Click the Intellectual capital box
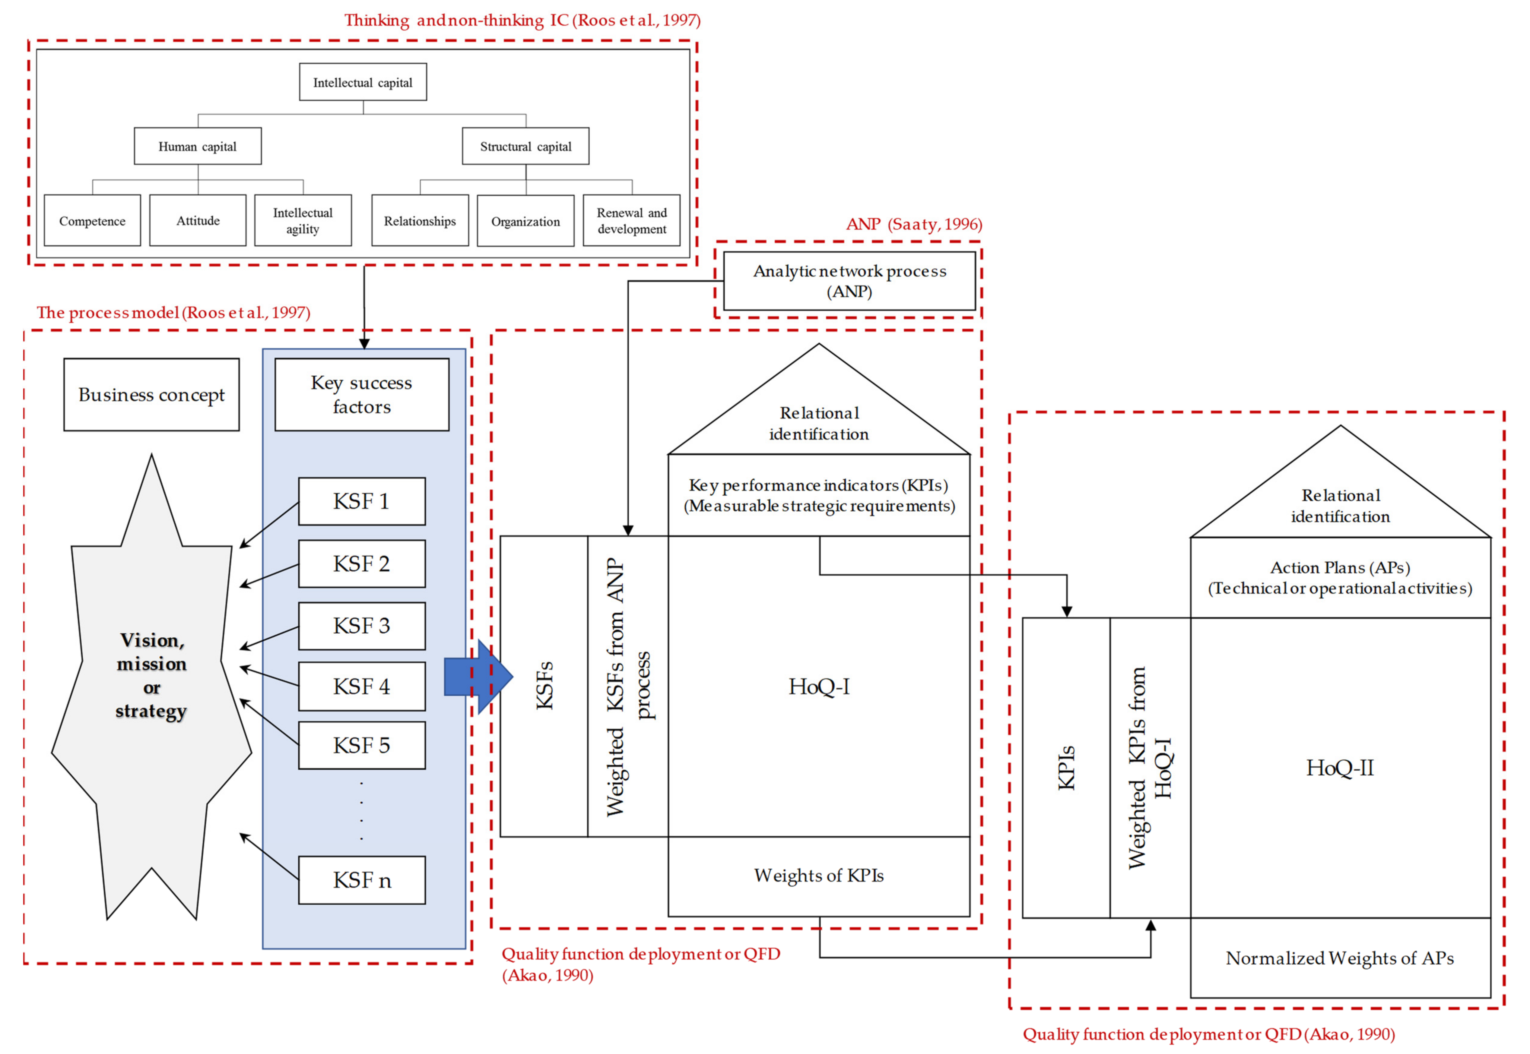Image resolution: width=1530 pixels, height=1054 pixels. tap(363, 82)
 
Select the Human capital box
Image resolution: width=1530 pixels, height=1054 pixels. tap(198, 146)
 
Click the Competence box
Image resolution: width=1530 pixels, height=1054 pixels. tap(93, 221)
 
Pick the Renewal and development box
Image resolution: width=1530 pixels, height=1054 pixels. tap(632, 221)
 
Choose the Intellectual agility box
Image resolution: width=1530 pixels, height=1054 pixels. tap(303, 221)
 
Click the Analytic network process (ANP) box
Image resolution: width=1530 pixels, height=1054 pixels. tap(849, 281)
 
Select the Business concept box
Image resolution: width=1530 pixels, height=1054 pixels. tap(151, 395)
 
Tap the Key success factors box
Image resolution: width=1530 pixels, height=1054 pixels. tap(362, 395)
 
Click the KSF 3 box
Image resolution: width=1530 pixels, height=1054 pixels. tap(362, 625)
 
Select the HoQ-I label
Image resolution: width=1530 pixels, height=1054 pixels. tap(818, 687)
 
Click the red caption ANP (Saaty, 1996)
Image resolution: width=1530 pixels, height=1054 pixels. tap(914, 225)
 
